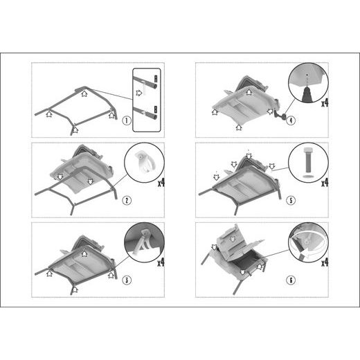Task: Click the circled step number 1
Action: pyautogui.click(x=127, y=120)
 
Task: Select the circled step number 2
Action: pyautogui.click(x=127, y=200)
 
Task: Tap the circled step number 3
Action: pyautogui.click(x=127, y=280)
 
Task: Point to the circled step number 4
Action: pyautogui.click(x=291, y=120)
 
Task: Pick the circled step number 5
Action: pyautogui.click(x=291, y=200)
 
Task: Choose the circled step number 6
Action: pyautogui.click(x=291, y=280)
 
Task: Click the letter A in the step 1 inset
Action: pyautogui.click(x=156, y=79)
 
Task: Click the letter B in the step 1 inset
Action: pyautogui.click(x=156, y=109)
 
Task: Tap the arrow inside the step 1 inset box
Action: pyautogui.click(x=139, y=93)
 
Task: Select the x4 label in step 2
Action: pyautogui.click(x=161, y=183)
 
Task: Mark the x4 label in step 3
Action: pyautogui.click(x=161, y=262)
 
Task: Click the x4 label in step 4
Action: pyautogui.click(x=325, y=103)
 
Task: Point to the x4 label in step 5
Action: pyautogui.click(x=325, y=183)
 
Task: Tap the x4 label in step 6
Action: pyautogui.click(x=325, y=262)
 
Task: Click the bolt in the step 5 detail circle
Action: pyautogui.click(x=308, y=161)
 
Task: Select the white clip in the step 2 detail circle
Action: pyautogui.click(x=144, y=161)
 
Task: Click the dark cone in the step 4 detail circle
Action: pyautogui.click(x=307, y=95)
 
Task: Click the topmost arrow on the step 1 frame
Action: pyautogui.click(x=84, y=93)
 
